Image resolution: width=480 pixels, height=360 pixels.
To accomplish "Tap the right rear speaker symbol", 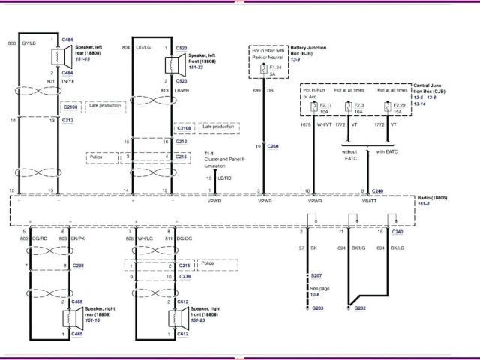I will (58, 318).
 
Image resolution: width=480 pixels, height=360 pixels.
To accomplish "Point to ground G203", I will (317, 307).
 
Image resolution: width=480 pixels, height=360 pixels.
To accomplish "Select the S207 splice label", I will (317, 277).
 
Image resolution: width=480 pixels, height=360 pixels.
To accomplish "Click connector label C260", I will (272, 146).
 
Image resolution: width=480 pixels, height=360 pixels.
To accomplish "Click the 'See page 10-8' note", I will (319, 291).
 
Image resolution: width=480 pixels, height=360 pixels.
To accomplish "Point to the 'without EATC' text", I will (351, 154).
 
